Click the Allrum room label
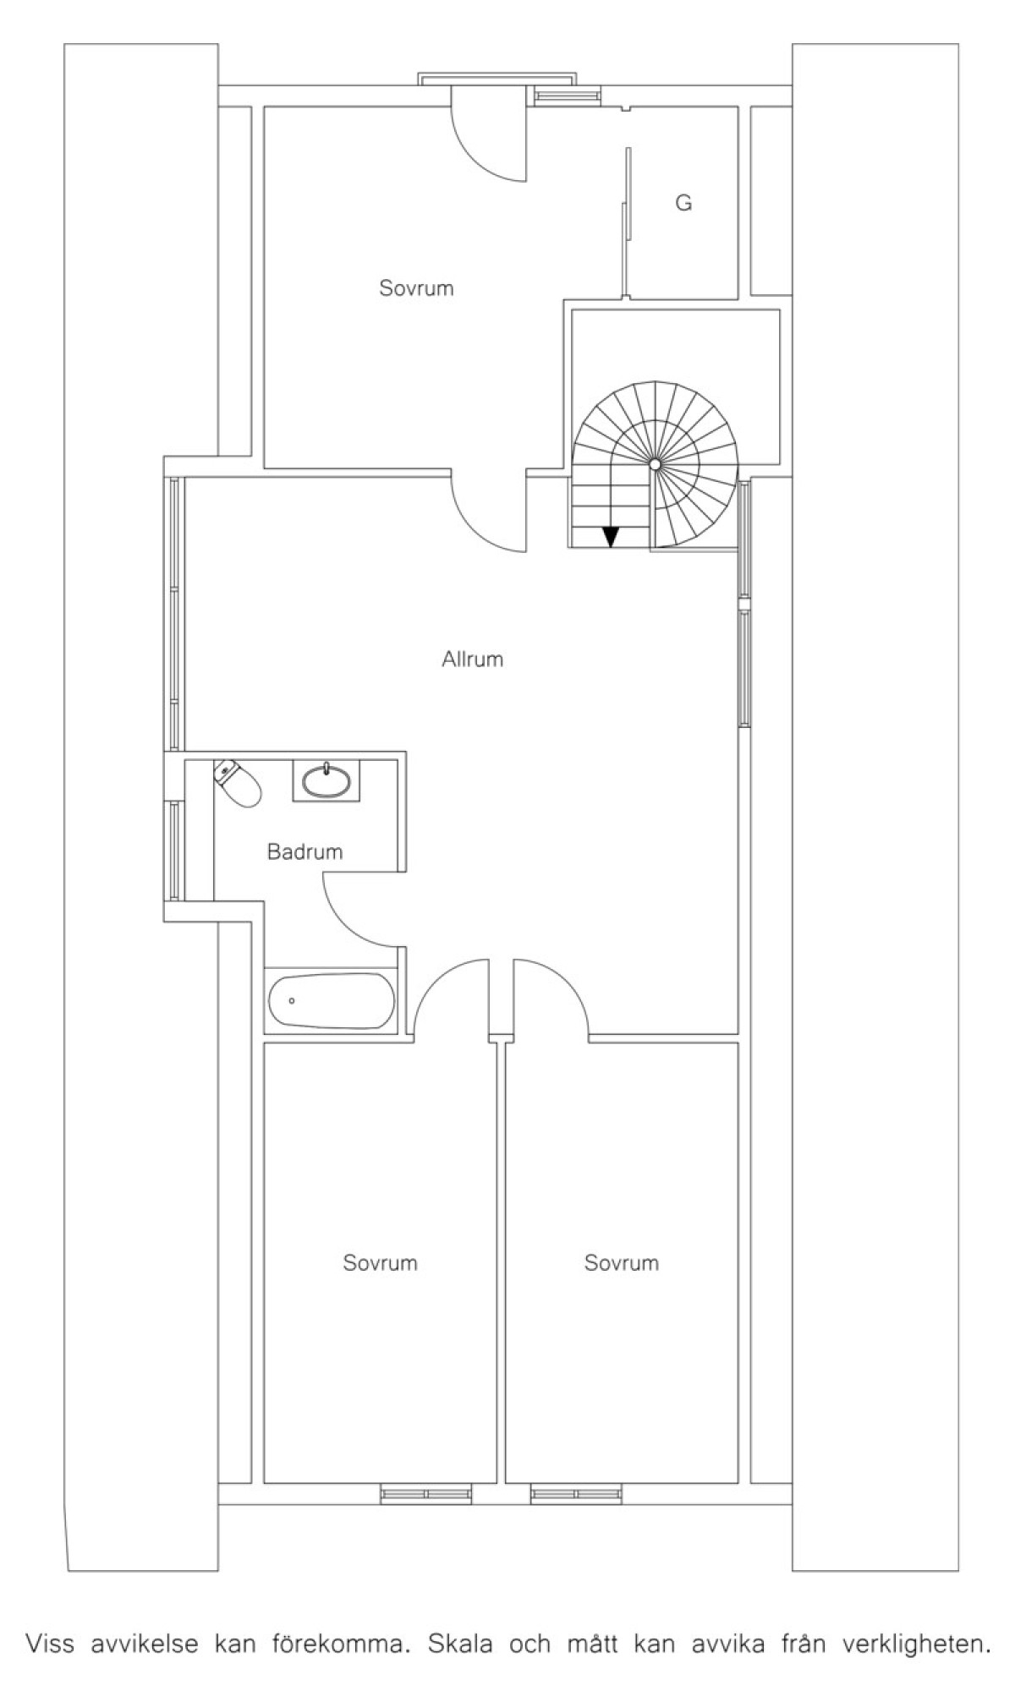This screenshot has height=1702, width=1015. pyautogui.click(x=472, y=659)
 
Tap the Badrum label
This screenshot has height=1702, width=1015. pyautogui.click(x=304, y=851)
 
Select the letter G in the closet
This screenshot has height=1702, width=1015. pyautogui.click(x=683, y=203)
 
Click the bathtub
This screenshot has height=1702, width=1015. pyautogui.click(x=332, y=1001)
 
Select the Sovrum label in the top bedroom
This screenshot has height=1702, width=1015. pyautogui.click(x=416, y=288)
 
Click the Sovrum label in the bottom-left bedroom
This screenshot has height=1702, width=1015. pyautogui.click(x=380, y=1263)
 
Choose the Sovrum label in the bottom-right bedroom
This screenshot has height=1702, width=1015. pyautogui.click(x=622, y=1263)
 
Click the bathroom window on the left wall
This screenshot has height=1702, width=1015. pyautogui.click(x=174, y=850)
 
